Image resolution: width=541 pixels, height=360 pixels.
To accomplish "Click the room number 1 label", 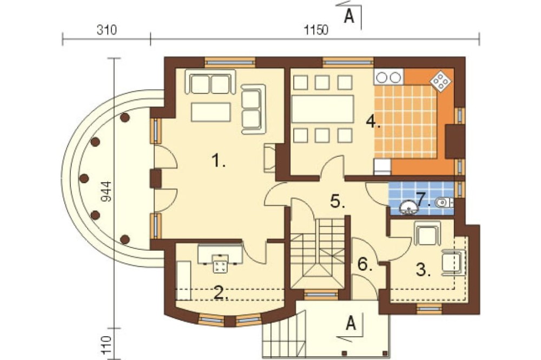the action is point(218,161).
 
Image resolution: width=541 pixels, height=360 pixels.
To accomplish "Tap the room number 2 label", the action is point(221,293).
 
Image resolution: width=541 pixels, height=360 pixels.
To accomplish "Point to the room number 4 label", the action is point(373,122).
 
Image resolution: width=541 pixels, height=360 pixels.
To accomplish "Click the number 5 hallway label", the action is point(338,201).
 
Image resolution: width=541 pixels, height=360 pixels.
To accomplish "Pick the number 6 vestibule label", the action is point(365,264).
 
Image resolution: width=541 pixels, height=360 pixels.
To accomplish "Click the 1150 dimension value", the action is point(316,30).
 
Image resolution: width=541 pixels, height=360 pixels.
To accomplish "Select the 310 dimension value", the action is point(107,30).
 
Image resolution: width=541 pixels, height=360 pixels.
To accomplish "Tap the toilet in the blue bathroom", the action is point(444,202).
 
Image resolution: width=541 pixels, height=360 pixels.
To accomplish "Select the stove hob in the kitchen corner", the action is point(440,82).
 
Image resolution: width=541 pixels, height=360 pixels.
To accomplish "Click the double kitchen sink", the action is point(389,77).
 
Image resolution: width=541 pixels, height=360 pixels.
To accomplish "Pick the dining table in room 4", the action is point(323,109).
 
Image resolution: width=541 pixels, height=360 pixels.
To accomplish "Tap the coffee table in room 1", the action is point(211,112).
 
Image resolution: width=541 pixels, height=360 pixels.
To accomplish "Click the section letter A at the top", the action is point(349,16).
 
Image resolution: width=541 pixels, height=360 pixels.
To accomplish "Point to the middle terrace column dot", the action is point(84,178).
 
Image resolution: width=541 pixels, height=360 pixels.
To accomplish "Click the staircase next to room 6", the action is point(317,254).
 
